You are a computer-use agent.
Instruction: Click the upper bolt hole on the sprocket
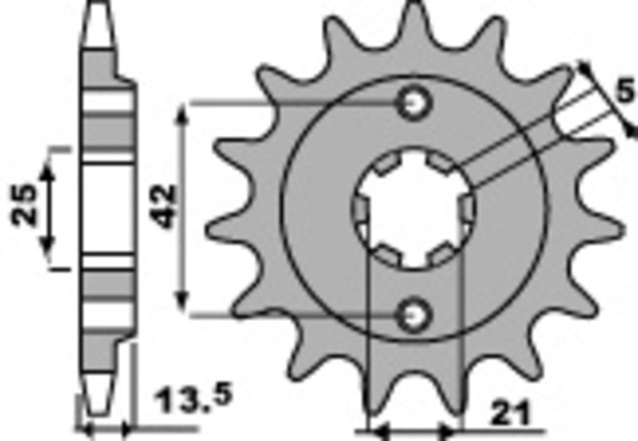[x=415, y=103]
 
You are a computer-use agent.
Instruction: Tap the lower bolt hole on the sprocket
[x=415, y=316]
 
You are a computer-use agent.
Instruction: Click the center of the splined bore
[x=414, y=210]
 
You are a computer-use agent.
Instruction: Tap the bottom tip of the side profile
[x=97, y=410]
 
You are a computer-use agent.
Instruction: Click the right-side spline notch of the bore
[x=467, y=210]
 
